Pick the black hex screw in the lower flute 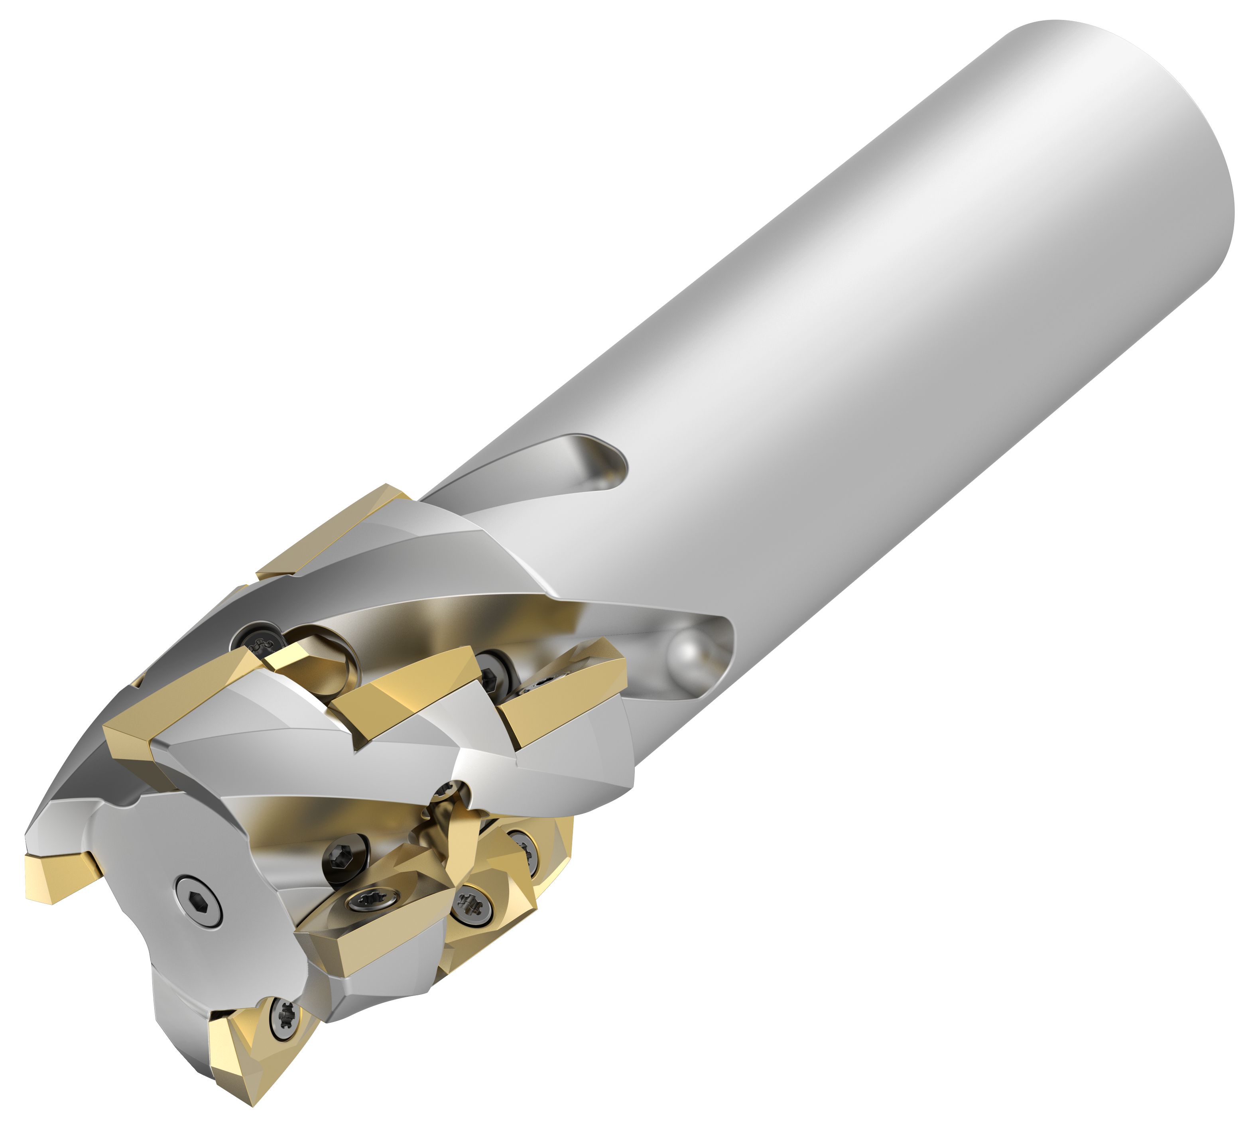[343, 860]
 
